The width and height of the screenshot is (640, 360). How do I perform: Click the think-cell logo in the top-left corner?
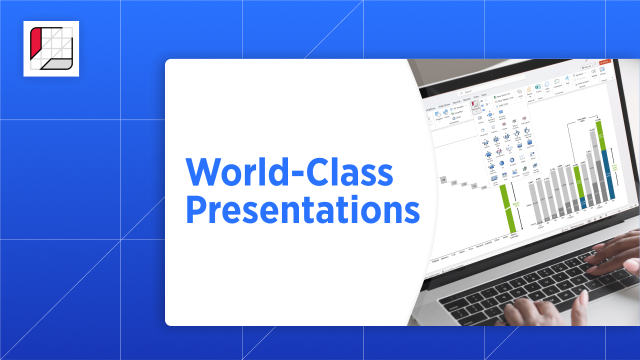[51, 48]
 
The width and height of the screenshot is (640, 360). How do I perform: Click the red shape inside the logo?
[35, 42]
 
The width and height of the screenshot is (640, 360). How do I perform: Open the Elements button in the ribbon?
[475, 106]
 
